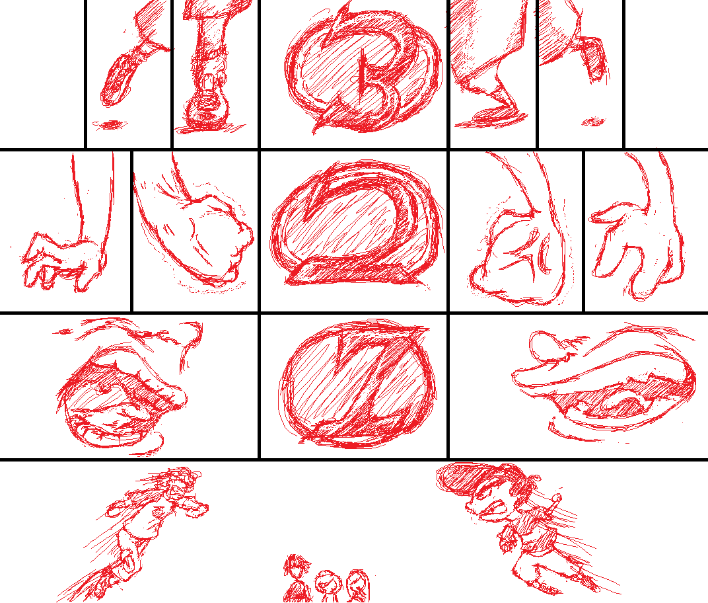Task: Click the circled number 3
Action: tap(361, 72)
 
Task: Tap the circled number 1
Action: tap(357, 384)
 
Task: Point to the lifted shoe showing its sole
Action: tap(118, 79)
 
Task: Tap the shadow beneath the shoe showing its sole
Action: tap(109, 124)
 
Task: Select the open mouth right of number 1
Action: tap(623, 398)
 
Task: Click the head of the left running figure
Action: tap(180, 484)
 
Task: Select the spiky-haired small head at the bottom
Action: tap(297, 567)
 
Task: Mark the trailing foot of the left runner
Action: tap(99, 583)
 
